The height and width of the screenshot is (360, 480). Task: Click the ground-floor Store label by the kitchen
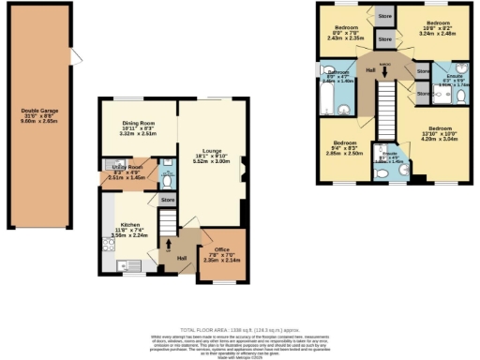pos(168,200)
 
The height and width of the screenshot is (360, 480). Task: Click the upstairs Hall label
pos(371,71)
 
